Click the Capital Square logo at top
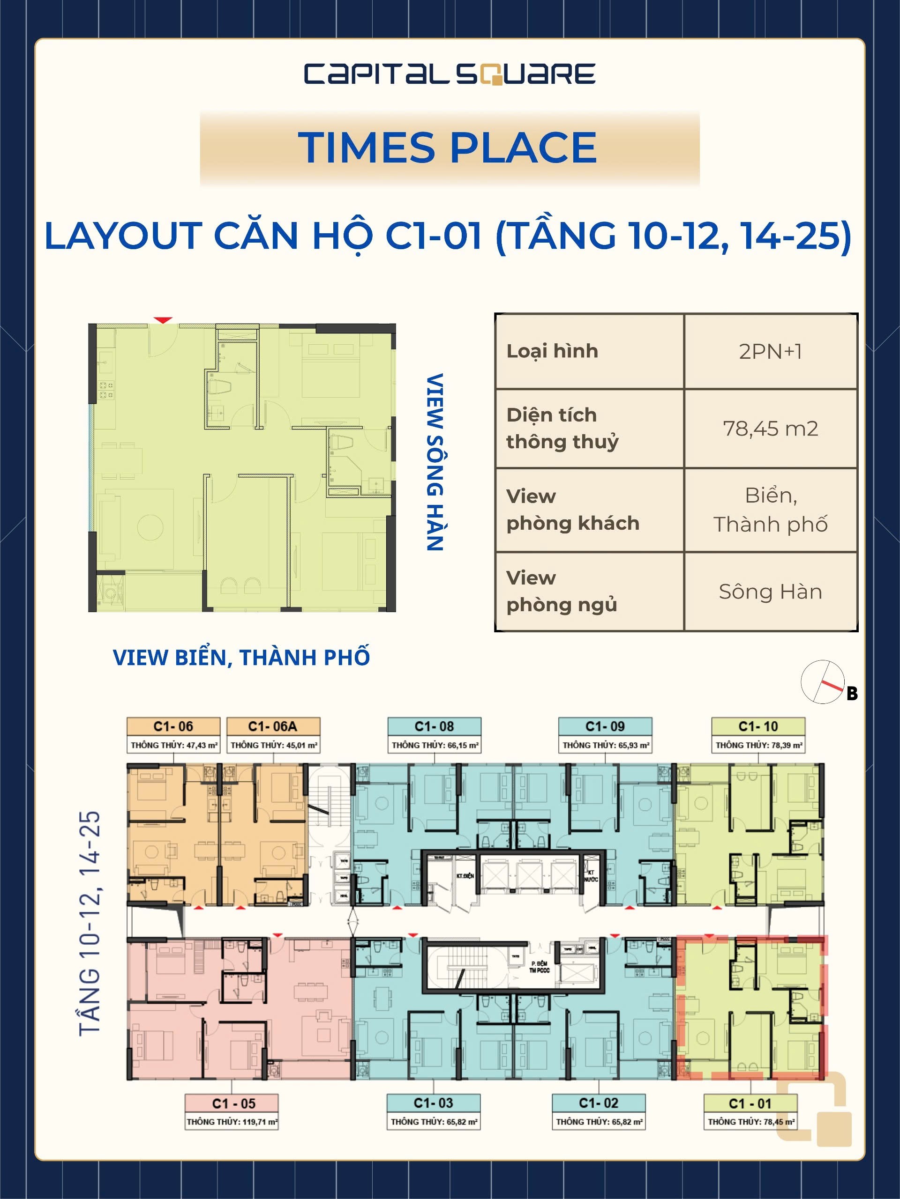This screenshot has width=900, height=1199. pyautogui.click(x=450, y=74)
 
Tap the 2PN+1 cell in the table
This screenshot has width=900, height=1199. pyautogui.click(x=770, y=351)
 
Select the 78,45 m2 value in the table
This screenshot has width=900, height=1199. pyautogui.click(x=770, y=429)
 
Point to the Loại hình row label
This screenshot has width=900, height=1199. pyautogui.click(x=552, y=351)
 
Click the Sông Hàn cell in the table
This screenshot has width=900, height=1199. pyautogui.click(x=770, y=592)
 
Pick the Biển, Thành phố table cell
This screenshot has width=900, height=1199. pyautogui.click(x=770, y=510)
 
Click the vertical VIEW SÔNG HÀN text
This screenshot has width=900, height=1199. pyautogui.click(x=435, y=461)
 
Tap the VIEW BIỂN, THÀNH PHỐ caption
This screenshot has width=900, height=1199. pyautogui.click(x=241, y=658)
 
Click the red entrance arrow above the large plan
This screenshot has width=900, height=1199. pyautogui.click(x=163, y=320)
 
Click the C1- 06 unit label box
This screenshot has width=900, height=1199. pyautogui.click(x=173, y=727)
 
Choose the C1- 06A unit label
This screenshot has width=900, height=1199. pyautogui.click(x=273, y=727)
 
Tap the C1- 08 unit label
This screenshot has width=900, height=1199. pyautogui.click(x=434, y=727)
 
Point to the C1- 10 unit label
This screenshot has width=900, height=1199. pyautogui.click(x=758, y=727)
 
